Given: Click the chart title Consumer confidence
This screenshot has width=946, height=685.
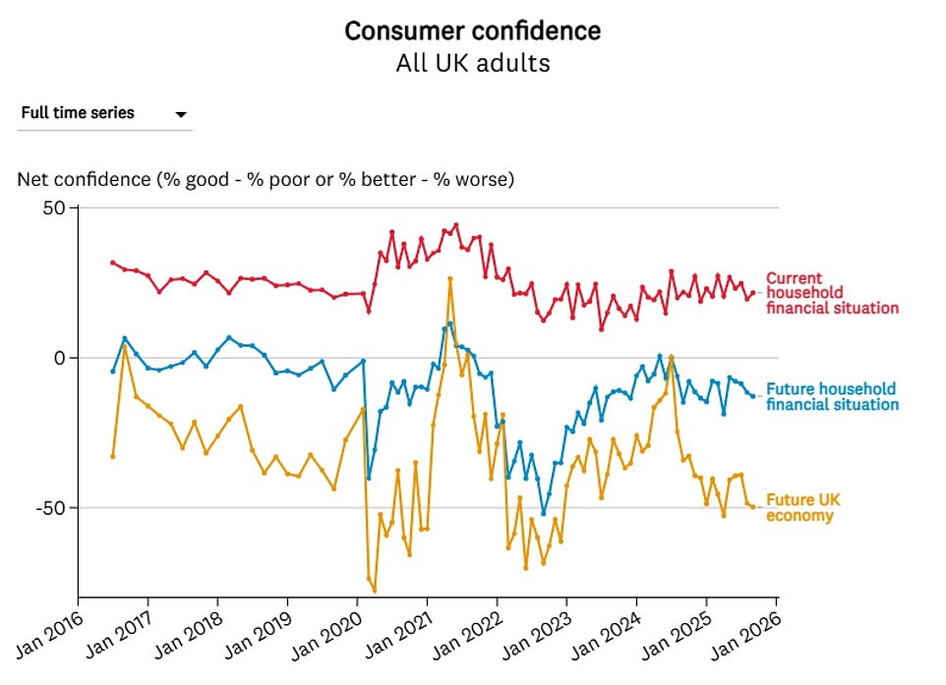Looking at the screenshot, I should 472,31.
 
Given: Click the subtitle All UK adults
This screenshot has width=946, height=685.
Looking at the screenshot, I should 472,64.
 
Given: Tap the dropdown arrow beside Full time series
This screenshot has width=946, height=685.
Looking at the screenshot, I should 181,115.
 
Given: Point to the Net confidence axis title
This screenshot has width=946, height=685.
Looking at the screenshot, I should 265,180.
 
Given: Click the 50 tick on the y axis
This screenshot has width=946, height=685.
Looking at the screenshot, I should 52,208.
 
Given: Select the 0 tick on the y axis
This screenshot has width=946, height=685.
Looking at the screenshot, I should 58,358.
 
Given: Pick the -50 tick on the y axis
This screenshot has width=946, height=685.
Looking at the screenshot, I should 48,508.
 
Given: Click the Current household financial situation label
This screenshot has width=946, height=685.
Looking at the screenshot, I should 831,293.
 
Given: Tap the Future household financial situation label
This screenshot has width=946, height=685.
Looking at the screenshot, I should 831,396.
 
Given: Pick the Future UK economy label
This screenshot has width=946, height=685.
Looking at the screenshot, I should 802,508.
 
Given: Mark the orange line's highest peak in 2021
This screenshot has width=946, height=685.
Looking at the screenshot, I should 449,279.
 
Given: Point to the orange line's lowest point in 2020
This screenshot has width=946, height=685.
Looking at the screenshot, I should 375,591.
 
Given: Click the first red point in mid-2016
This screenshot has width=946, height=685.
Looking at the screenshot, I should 113,262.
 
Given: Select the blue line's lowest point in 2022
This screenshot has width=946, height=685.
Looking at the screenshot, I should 543,513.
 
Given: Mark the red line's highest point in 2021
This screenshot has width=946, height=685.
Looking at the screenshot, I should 455,225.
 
